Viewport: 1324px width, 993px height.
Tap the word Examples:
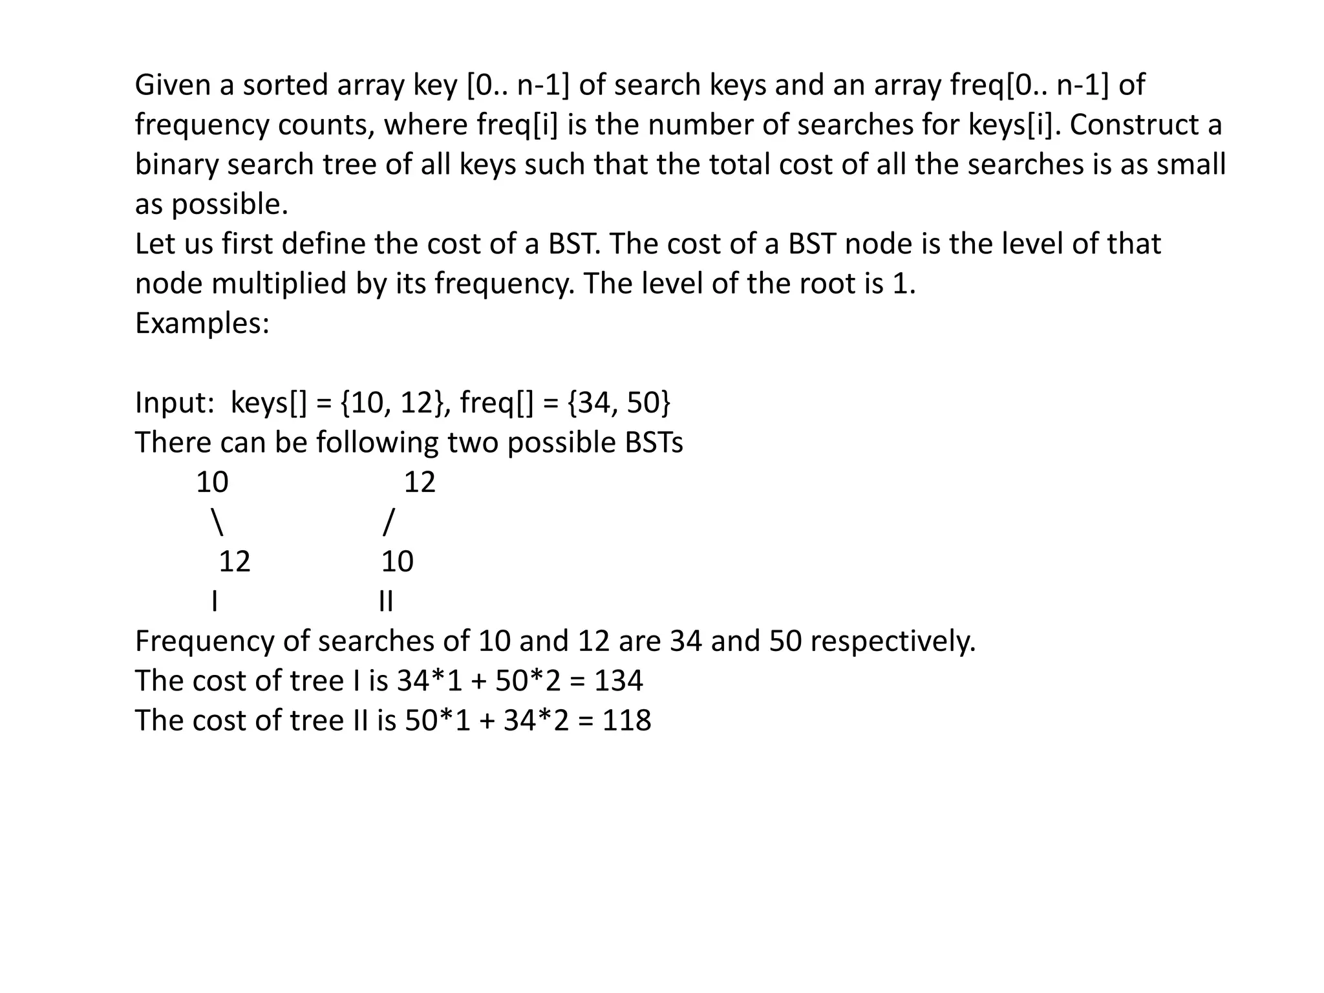click(202, 323)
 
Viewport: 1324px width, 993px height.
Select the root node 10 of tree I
click(212, 482)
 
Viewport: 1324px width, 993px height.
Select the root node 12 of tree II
click(420, 482)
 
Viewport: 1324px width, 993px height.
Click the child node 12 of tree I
click(234, 561)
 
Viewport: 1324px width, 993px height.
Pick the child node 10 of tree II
click(397, 561)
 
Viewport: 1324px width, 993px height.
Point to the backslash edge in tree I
click(217, 522)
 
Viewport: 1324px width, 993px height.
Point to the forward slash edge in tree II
click(388, 522)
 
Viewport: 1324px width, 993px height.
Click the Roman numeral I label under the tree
click(214, 601)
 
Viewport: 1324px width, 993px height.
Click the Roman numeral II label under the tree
click(386, 601)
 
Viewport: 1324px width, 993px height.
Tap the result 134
click(619, 681)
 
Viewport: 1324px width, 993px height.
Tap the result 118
click(626, 720)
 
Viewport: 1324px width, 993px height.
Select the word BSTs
click(654, 443)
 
